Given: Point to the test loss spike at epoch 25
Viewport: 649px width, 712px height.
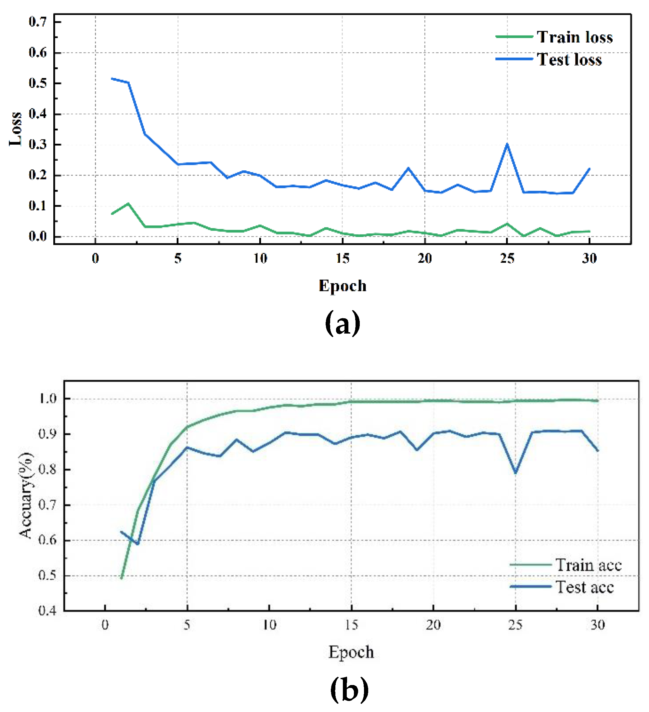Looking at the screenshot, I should (x=507, y=144).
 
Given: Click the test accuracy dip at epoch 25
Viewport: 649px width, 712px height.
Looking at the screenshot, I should (x=515, y=472).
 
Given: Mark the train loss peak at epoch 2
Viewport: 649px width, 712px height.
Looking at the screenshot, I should (x=128, y=204).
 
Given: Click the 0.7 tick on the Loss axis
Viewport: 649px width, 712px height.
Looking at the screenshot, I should (x=37, y=22).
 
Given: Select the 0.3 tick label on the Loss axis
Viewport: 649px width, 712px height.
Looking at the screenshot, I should (x=37, y=144).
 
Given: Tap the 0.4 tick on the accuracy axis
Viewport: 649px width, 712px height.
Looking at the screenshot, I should (x=47, y=610).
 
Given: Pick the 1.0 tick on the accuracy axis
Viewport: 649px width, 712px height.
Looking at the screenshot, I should (x=47, y=399).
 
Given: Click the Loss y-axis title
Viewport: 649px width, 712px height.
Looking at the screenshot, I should (x=16, y=129).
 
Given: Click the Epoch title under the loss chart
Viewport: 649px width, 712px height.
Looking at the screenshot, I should (x=343, y=286).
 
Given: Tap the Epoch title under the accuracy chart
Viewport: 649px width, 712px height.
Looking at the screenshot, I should (x=351, y=652).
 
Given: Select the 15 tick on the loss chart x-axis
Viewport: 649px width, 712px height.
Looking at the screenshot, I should (x=343, y=258).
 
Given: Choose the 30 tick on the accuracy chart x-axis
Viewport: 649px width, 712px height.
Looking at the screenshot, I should (x=597, y=625).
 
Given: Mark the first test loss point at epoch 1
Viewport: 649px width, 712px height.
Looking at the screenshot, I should (x=112, y=78).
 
